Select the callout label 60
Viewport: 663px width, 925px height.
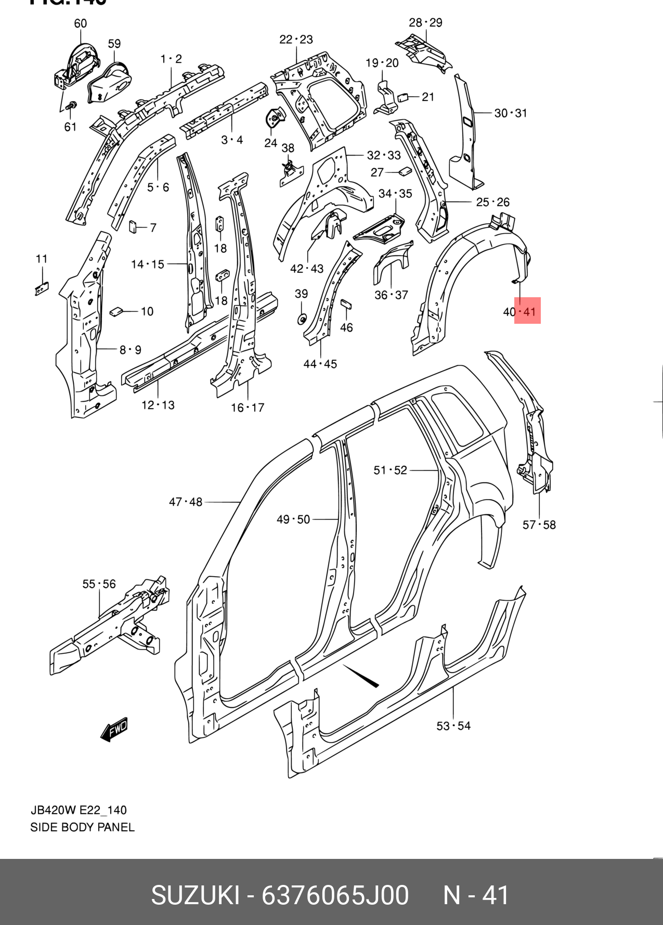coord(81,23)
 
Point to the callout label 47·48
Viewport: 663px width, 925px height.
coord(186,502)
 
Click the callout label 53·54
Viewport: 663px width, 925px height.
coord(453,726)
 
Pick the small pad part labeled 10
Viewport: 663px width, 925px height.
coord(116,311)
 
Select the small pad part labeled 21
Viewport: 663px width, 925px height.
coord(404,97)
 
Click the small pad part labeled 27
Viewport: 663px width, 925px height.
coord(405,171)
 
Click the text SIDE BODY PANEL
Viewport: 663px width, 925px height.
coord(82,827)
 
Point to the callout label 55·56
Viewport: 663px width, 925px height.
coord(99,584)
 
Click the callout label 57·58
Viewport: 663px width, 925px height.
coord(539,525)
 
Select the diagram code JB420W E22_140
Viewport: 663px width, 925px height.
coord(79,810)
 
